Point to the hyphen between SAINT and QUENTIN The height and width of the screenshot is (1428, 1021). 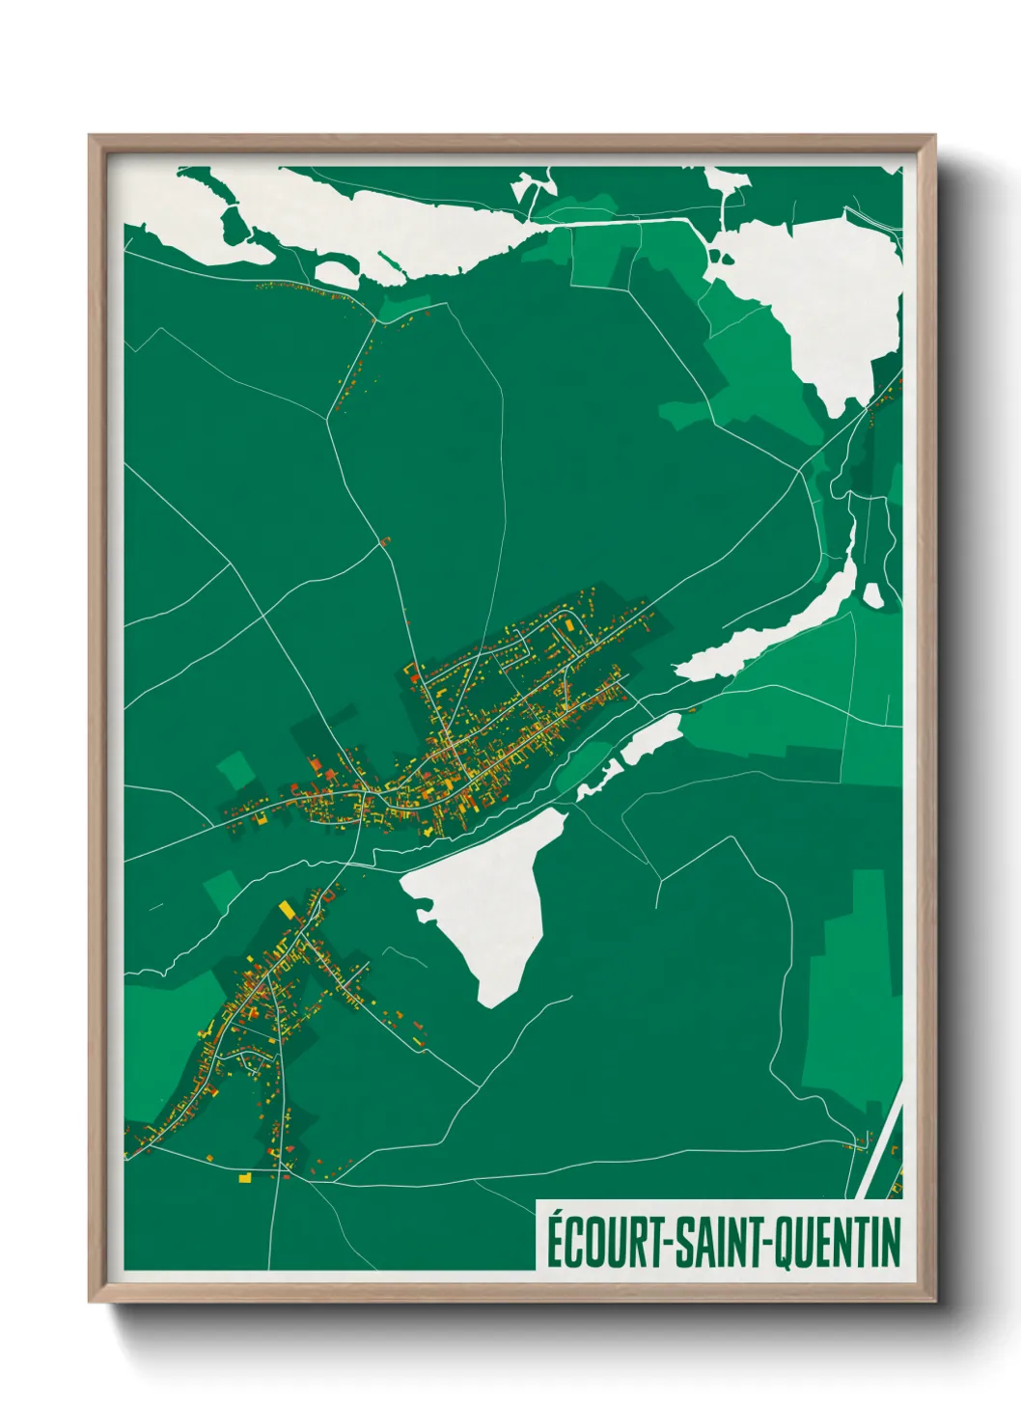[768, 1245]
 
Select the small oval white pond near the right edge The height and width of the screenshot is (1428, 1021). [872, 596]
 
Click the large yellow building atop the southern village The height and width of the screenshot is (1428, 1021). [287, 909]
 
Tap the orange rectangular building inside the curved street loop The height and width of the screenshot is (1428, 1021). [568, 626]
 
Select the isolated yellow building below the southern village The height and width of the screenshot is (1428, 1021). [245, 1178]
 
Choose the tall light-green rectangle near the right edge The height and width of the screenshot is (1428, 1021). [854, 984]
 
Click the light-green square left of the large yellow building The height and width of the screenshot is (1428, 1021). [223, 888]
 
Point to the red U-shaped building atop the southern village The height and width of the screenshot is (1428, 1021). [328, 894]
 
